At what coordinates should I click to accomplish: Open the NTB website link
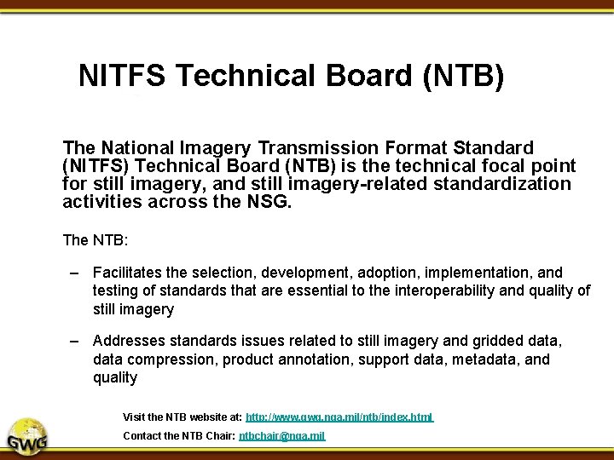(339, 417)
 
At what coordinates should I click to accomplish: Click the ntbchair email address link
(281, 436)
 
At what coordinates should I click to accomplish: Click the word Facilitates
(128, 273)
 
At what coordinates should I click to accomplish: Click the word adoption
(371, 273)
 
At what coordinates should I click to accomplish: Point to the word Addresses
(128, 341)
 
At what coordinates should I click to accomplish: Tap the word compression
(165, 359)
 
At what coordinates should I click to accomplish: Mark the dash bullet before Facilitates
(75, 273)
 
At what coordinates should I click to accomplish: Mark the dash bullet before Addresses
(75, 341)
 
